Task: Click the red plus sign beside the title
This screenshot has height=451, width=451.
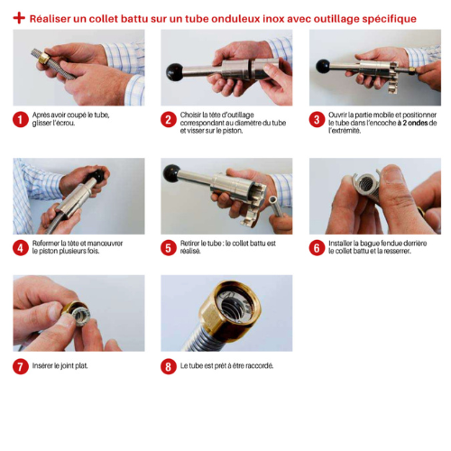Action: coord(19,18)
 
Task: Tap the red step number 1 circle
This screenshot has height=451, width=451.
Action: coord(21,119)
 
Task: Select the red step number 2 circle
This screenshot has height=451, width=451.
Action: coord(169,119)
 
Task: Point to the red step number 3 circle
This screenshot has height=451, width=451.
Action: coord(317,119)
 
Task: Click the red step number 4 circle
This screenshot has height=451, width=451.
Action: coord(21,248)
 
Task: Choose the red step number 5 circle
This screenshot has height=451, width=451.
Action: coord(169,248)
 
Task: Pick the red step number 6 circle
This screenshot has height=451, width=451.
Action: coord(317,248)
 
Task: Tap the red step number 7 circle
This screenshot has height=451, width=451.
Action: coord(21,366)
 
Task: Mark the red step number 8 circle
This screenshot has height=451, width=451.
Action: coord(169,366)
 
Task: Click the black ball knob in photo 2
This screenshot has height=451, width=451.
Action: coord(175,72)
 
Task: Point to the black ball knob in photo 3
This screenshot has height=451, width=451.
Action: coord(323,66)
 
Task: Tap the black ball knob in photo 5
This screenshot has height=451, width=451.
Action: coord(171,173)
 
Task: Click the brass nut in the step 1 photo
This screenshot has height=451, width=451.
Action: coord(44,58)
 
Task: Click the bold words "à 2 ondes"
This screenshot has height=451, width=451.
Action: coord(413,123)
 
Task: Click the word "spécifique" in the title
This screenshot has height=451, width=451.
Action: coord(389,19)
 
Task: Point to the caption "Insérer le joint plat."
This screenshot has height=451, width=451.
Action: coord(60,366)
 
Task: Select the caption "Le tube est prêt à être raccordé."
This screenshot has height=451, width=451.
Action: coord(226,366)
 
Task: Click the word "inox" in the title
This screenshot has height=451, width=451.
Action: coord(273,19)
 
